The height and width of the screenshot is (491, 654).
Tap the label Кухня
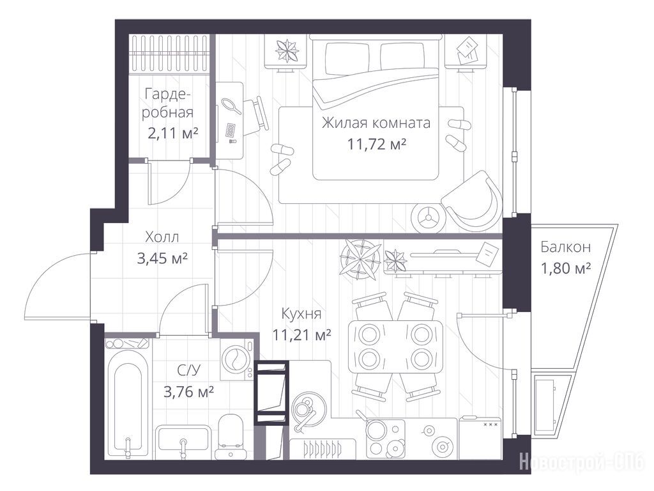(301, 313)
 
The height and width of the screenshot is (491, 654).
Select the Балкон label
(566, 247)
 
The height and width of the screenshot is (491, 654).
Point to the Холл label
(162, 237)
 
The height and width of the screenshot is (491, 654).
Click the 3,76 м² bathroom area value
(189, 392)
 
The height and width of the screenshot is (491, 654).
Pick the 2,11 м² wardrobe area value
(172, 134)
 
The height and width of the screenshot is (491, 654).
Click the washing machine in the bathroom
(236, 359)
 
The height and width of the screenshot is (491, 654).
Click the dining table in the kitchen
(395, 346)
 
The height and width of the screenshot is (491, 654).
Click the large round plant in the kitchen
(360, 259)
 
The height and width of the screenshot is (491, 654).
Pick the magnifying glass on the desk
(231, 105)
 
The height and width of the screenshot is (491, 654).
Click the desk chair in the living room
(255, 115)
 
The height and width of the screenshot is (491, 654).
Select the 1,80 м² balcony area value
(566, 268)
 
